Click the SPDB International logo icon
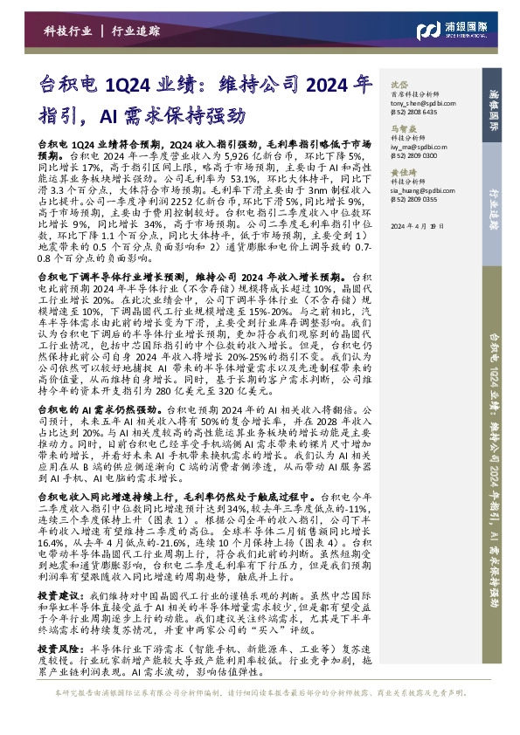click(x=427, y=31)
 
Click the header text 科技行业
click(x=67, y=31)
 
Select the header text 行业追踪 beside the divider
click(x=136, y=31)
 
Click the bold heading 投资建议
click(x=58, y=595)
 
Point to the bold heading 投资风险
click(x=58, y=651)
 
